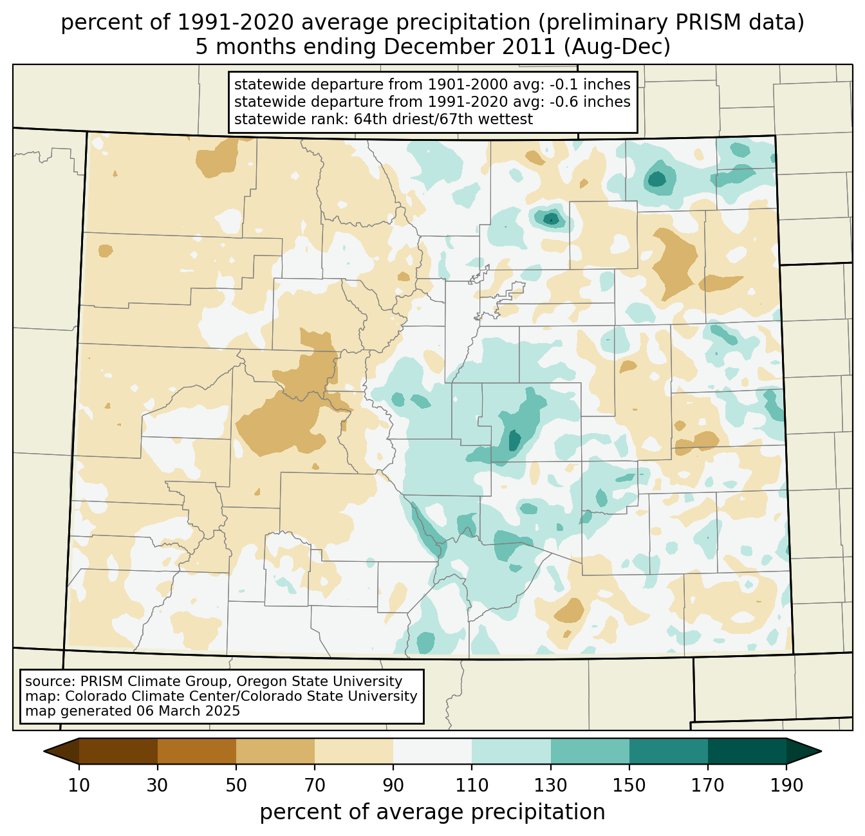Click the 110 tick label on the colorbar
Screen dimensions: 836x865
[x=472, y=786]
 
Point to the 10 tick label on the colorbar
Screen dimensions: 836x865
[x=79, y=786]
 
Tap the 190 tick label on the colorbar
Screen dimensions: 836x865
[x=786, y=786]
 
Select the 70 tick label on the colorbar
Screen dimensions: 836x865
[x=315, y=786]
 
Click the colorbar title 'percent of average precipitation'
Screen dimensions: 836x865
[x=432, y=812]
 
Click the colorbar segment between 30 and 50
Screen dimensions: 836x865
[x=197, y=751]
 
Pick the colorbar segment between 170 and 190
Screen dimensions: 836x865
[x=747, y=751]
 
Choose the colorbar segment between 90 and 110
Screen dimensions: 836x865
[x=432, y=751]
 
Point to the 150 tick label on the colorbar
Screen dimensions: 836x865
[x=629, y=786]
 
